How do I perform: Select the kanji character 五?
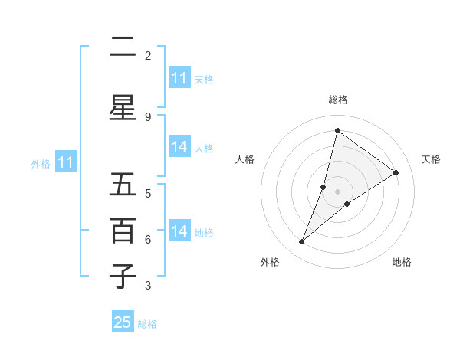tap(123, 185)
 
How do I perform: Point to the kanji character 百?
tap(123, 231)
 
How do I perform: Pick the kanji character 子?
tap(123, 277)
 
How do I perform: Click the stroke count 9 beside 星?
tap(148, 116)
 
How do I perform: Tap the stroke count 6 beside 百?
tap(148, 239)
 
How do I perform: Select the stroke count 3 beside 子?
tap(148, 286)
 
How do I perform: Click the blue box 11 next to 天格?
tap(179, 78)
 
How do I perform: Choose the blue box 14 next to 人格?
tap(179, 147)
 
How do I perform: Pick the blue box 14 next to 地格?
tap(179, 231)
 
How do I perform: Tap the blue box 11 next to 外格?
tap(65, 162)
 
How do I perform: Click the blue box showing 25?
tap(123, 322)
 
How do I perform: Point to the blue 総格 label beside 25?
tap(147, 323)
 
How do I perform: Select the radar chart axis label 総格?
tap(338, 100)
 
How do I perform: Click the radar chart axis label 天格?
tap(431, 159)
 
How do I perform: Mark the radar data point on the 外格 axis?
tap(302, 242)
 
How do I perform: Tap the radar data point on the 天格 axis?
tap(396, 172)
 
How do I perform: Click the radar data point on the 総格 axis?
tap(337, 130)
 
